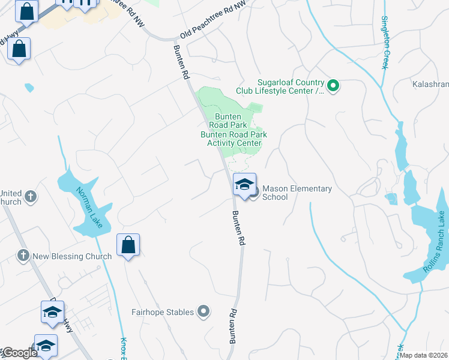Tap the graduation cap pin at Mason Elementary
click(x=244, y=184)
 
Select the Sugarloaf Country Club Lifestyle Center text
click(x=291, y=86)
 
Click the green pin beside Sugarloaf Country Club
click(x=334, y=86)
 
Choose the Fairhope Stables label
click(x=163, y=312)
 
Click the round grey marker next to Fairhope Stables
click(x=203, y=311)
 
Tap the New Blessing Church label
click(x=72, y=256)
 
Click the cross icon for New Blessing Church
click(x=23, y=256)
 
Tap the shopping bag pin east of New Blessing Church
click(x=128, y=245)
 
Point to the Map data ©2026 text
click(x=424, y=355)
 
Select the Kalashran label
click(x=430, y=85)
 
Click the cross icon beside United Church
click(x=30, y=196)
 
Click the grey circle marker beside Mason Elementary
click(x=253, y=192)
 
